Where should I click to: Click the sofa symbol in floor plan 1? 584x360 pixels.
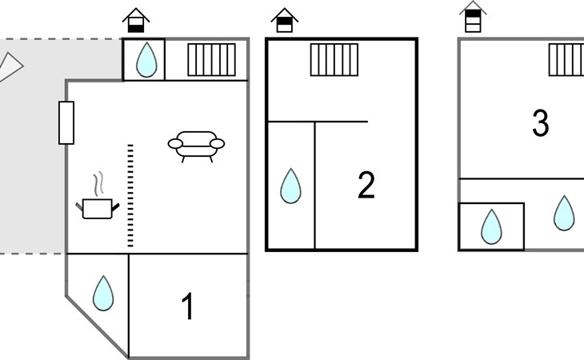196,146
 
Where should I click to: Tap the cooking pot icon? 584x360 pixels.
98,209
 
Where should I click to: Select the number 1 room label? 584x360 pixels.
189,306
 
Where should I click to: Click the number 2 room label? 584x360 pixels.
366,185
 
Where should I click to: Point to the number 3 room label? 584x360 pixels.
541,123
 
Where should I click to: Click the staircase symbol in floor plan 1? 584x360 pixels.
211,60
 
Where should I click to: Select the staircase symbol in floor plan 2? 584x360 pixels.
334,60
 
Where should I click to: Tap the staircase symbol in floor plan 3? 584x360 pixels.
566,60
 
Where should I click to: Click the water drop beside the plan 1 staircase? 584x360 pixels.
146,59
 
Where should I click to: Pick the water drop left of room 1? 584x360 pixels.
103,294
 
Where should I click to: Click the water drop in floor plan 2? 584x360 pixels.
290,186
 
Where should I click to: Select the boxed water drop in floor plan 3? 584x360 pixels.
491,226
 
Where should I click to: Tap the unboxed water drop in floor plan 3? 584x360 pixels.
564,214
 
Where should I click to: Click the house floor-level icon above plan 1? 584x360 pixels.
136,21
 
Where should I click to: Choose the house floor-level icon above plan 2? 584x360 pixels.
285,21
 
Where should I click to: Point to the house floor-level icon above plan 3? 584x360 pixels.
473,17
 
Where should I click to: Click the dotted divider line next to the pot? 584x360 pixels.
130,195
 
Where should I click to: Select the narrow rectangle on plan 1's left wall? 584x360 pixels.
66,123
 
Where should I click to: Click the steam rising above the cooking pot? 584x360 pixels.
98,184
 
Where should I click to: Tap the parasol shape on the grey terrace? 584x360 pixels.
10,67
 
